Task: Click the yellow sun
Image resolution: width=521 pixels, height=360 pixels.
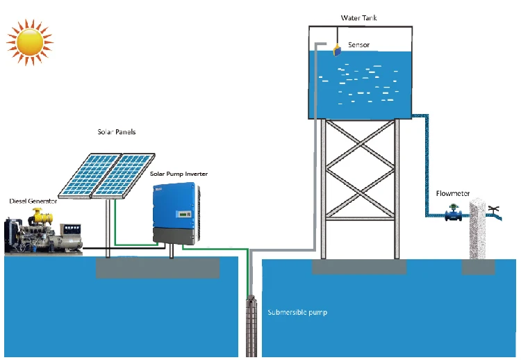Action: [29, 42]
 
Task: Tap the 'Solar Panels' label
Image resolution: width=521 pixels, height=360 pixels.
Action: [115, 131]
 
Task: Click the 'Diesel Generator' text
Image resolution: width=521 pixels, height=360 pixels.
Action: [32, 201]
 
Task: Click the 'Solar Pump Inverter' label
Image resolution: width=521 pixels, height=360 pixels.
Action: [179, 173]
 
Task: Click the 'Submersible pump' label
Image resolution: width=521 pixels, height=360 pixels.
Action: [297, 313]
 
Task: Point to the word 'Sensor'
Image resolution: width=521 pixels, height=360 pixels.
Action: [358, 45]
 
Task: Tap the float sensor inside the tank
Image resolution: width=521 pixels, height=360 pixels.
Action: [336, 49]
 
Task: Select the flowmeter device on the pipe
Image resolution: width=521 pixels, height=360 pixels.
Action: [455, 213]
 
